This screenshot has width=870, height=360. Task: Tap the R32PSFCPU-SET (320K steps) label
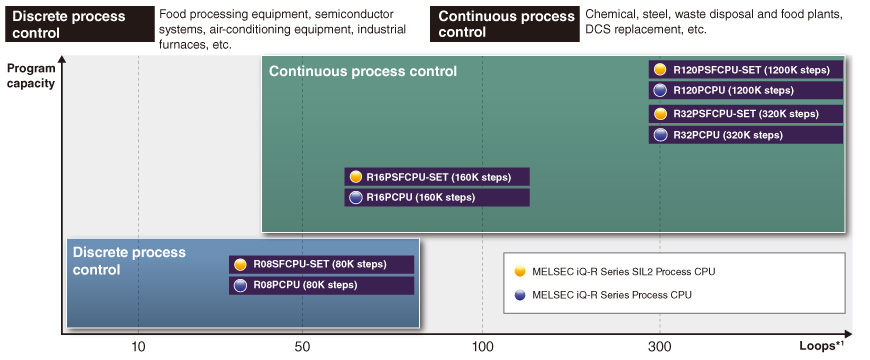coord(746,114)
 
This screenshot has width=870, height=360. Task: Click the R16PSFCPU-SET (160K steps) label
coord(438,178)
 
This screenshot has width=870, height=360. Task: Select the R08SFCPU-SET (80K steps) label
coord(320,264)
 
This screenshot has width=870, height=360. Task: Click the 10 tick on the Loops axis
coord(138,347)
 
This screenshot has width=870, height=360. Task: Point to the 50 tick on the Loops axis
coord(302,347)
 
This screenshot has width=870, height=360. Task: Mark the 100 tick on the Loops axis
coord(483,347)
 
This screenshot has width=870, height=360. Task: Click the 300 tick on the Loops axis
coord(660,347)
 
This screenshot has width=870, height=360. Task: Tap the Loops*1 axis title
coord(821,346)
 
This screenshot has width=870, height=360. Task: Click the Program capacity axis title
coord(31,76)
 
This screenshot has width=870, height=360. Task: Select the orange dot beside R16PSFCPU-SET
coord(356,178)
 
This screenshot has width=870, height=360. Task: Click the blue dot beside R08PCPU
coord(240,285)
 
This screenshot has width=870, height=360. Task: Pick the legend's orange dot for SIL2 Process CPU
coord(519,271)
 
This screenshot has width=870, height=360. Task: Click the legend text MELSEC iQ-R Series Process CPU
coord(611,295)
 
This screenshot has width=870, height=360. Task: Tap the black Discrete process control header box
coord(79,24)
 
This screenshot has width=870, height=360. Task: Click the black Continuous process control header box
coord(505,24)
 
